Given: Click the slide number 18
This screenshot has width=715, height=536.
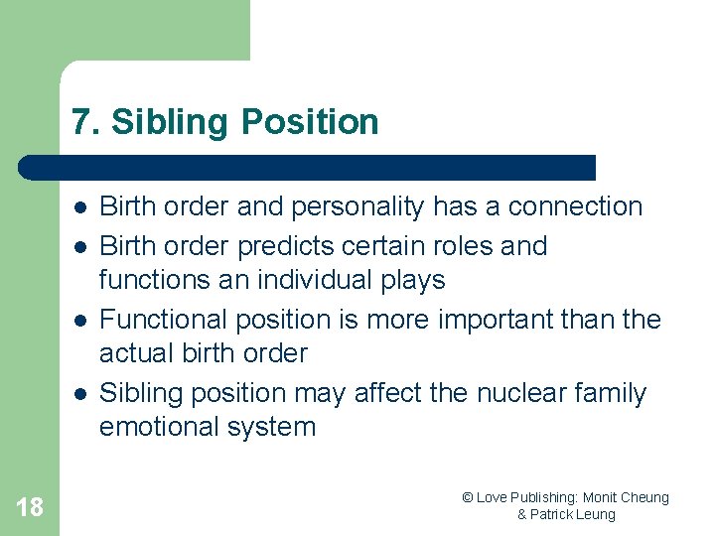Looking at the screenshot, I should (x=30, y=507).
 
